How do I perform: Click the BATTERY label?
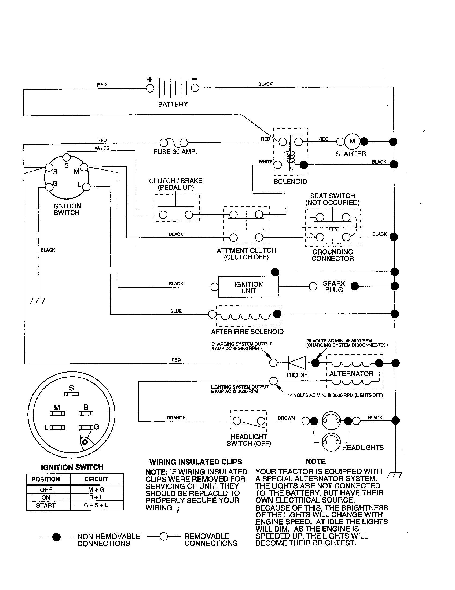(x=173, y=104)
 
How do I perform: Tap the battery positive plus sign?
(x=150, y=79)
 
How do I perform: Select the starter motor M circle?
(x=352, y=141)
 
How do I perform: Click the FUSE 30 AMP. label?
(x=175, y=152)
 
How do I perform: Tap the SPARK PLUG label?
(x=334, y=287)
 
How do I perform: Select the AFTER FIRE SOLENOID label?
(x=247, y=332)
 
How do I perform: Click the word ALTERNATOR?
(x=351, y=374)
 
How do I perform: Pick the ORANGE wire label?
(x=176, y=418)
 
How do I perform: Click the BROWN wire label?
(x=286, y=418)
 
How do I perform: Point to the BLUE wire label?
(x=176, y=311)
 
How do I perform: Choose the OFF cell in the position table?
(x=46, y=490)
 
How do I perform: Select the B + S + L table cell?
(x=96, y=505)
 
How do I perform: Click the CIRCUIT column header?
(x=96, y=479)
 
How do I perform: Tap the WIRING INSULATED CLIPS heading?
(x=196, y=462)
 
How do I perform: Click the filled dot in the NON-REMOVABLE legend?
(x=56, y=537)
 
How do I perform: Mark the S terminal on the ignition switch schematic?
(x=67, y=157)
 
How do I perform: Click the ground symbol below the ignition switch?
(x=38, y=300)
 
